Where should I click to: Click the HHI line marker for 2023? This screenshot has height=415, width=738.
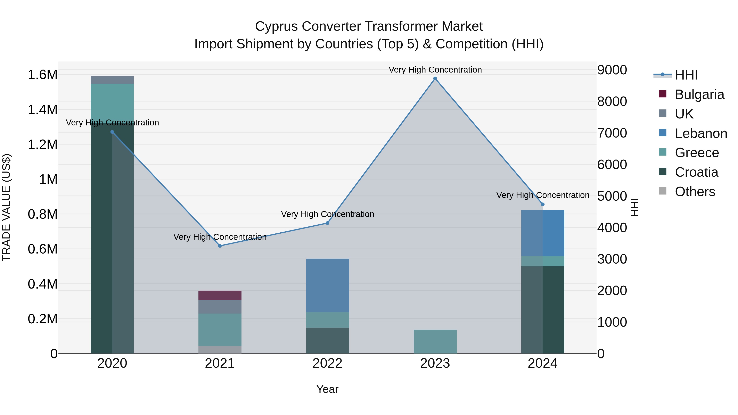click(435, 78)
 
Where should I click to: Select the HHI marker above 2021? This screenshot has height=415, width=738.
click(220, 246)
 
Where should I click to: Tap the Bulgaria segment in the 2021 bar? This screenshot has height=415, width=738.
click(220, 295)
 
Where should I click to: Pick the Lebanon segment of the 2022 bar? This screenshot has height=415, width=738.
click(327, 285)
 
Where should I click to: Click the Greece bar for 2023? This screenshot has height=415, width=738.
click(435, 341)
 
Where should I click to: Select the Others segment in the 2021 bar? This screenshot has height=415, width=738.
click(220, 349)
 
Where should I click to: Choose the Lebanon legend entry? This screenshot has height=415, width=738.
click(700, 133)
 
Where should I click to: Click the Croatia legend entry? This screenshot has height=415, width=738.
click(696, 172)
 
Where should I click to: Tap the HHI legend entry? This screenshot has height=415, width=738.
click(686, 75)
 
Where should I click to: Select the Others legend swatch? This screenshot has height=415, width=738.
click(663, 191)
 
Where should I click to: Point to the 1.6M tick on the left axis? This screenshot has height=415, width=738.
click(42, 75)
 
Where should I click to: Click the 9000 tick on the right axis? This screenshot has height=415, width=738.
click(612, 70)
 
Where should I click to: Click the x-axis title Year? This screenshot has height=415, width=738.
click(327, 389)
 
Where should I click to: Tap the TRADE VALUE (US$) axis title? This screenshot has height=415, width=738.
click(7, 207)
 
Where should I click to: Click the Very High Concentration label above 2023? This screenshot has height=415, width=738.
click(435, 70)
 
